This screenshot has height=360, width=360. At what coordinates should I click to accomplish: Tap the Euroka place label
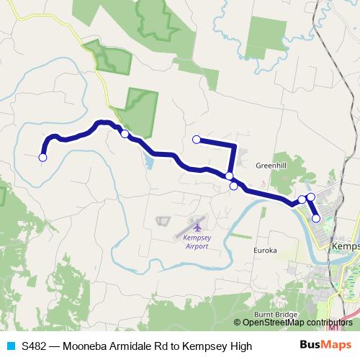(264, 251)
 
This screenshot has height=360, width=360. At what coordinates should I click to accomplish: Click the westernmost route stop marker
(42, 158)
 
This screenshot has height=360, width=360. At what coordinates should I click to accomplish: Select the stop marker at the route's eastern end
(316, 218)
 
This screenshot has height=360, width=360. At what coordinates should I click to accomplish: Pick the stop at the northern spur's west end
(196, 140)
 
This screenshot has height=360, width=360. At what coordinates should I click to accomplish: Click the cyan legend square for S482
(10, 346)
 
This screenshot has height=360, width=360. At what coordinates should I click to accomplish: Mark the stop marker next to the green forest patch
(125, 134)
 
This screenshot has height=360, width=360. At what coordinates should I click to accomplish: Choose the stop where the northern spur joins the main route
(229, 176)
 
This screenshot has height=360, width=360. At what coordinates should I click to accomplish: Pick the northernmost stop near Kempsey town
(311, 197)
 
